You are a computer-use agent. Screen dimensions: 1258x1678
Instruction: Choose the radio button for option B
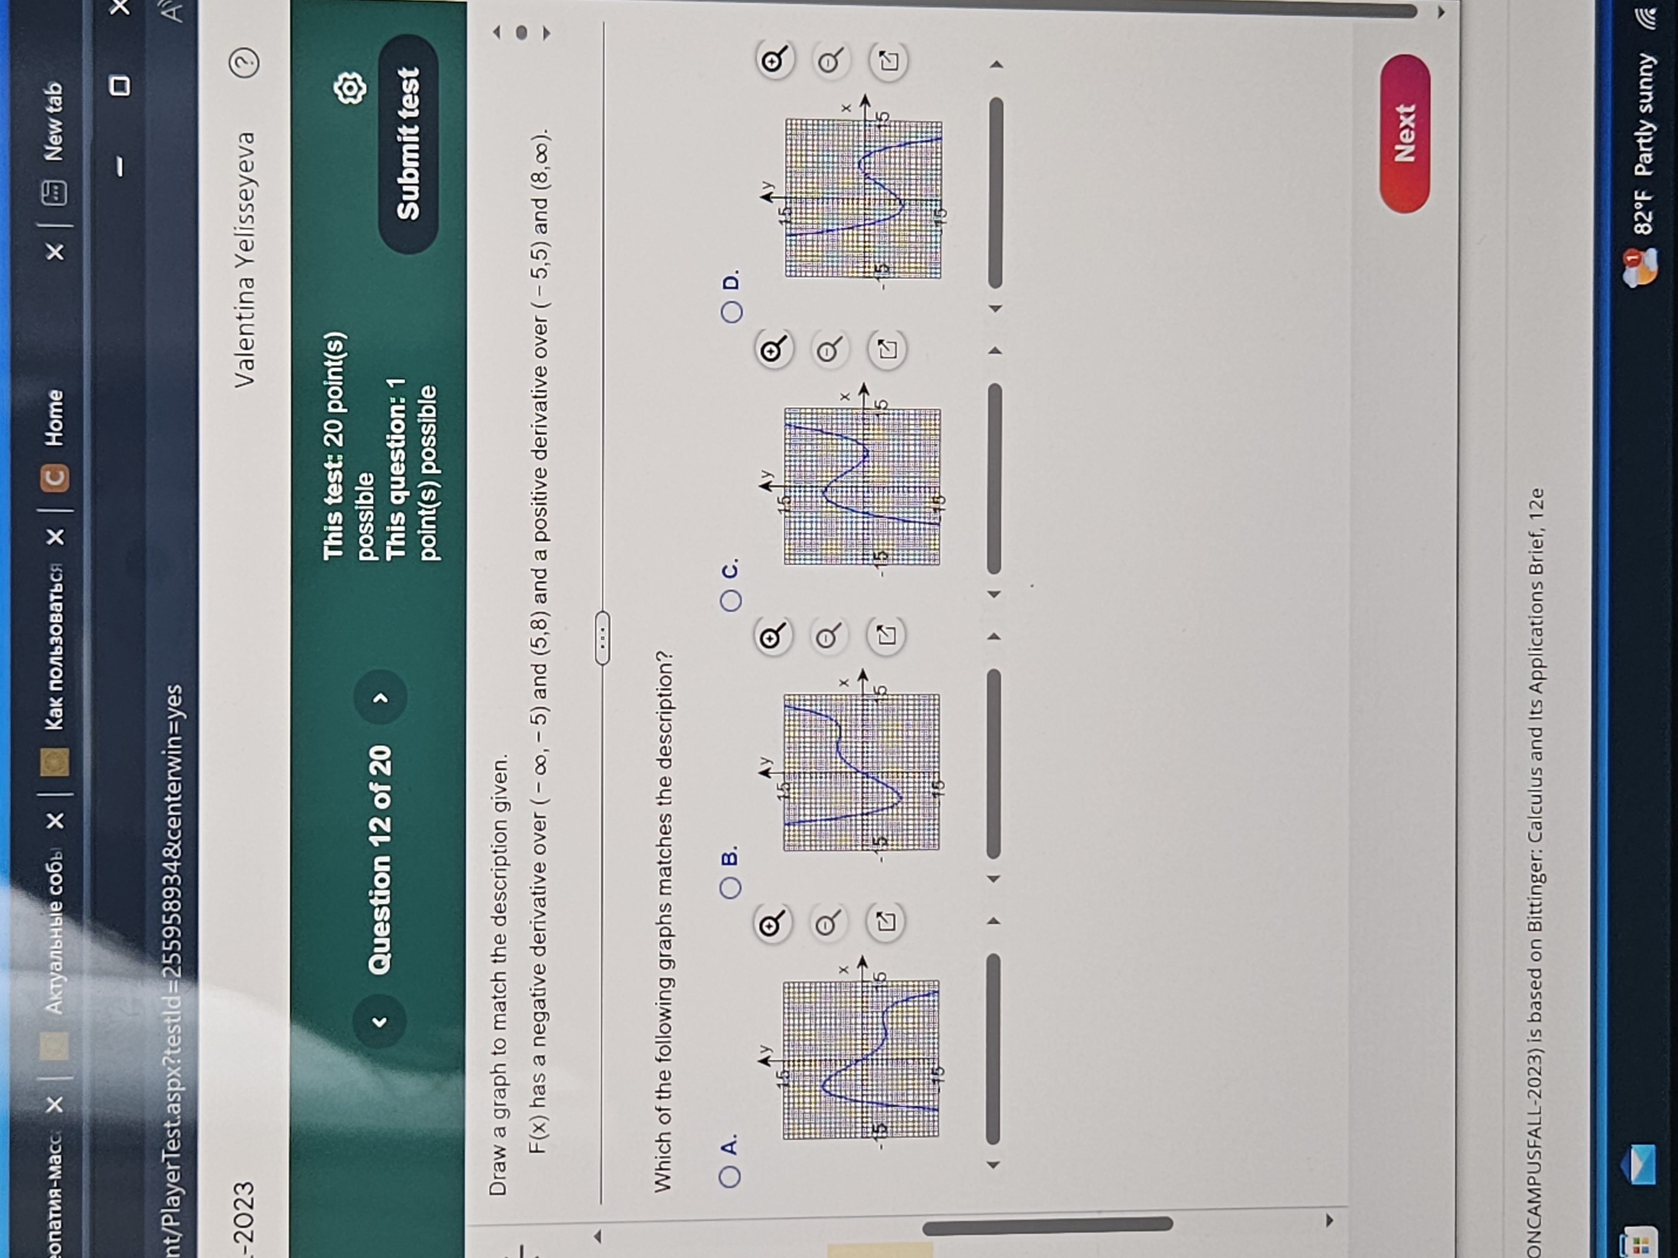[x=730, y=887]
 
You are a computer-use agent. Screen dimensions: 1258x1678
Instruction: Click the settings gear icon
[x=350, y=89]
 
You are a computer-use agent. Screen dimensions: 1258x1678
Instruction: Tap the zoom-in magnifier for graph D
[x=774, y=61]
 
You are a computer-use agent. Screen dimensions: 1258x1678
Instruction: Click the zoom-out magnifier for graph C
[x=828, y=350]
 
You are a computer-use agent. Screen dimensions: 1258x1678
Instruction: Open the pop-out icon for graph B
[x=886, y=635]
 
